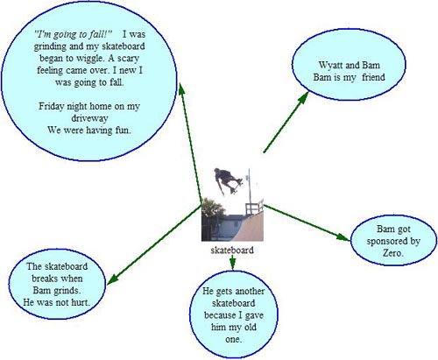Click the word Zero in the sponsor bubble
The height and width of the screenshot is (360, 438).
tap(392, 253)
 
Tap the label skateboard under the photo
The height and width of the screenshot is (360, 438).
tap(232, 251)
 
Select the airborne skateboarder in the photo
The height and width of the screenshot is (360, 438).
tap(228, 180)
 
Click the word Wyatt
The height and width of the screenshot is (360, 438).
tap(330, 65)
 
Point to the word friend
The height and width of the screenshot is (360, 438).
tap(373, 77)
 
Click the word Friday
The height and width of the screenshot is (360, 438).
tap(51, 106)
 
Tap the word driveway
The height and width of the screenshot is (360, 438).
tap(89, 118)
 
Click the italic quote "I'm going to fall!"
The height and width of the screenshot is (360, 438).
tap(73, 34)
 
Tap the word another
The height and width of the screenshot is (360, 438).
tap(250, 291)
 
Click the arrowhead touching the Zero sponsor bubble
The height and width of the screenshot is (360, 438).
tap(343, 237)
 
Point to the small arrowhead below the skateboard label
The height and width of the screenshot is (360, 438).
tap(232, 264)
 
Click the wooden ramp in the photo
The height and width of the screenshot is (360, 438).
tap(250, 226)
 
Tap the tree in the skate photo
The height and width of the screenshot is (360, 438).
tap(212, 208)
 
